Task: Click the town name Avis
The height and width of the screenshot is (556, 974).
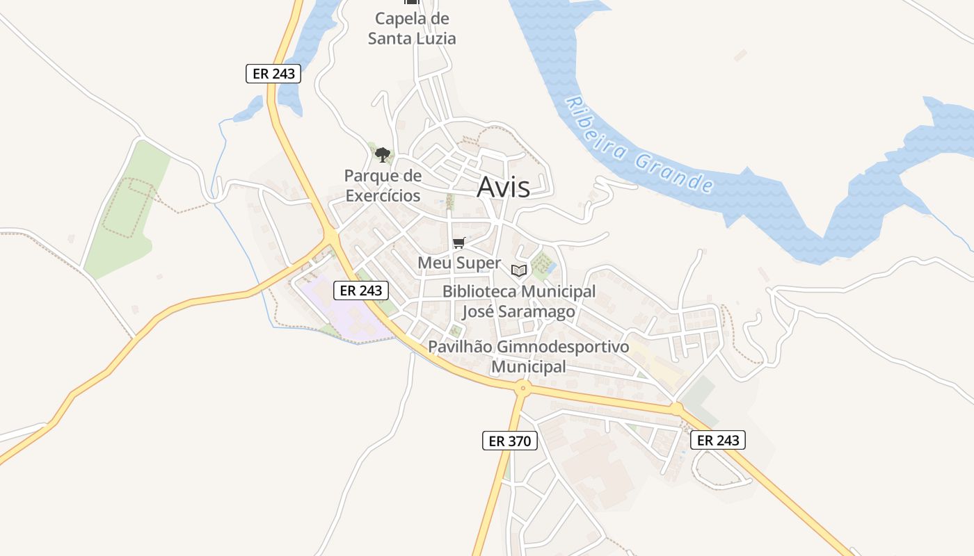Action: pyautogui.click(x=503, y=188)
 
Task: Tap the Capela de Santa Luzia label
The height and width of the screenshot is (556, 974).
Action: pyautogui.click(x=412, y=28)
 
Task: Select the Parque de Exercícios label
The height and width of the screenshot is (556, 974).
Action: pyautogui.click(x=383, y=186)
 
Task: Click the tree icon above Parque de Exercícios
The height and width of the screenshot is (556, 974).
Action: pyautogui.click(x=382, y=154)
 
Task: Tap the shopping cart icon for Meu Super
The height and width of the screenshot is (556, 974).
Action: pyautogui.click(x=458, y=243)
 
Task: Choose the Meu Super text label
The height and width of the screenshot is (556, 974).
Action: pyautogui.click(x=459, y=263)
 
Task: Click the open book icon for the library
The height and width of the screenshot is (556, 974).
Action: pyautogui.click(x=519, y=270)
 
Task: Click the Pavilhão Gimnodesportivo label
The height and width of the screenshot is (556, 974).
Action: pyautogui.click(x=529, y=346)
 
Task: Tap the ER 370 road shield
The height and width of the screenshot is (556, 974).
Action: pyautogui.click(x=510, y=441)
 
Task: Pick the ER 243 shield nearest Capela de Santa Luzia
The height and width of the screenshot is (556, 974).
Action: pyautogui.click(x=273, y=74)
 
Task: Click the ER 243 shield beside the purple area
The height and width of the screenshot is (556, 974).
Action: pyautogui.click(x=360, y=291)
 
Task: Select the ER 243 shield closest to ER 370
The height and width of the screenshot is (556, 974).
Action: pyautogui.click(x=718, y=440)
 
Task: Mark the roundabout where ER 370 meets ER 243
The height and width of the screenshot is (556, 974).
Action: pyautogui.click(x=522, y=387)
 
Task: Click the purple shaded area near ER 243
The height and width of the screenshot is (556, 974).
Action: pyautogui.click(x=334, y=306)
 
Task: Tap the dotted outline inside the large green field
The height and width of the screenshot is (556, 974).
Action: pyautogui.click(x=129, y=207)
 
